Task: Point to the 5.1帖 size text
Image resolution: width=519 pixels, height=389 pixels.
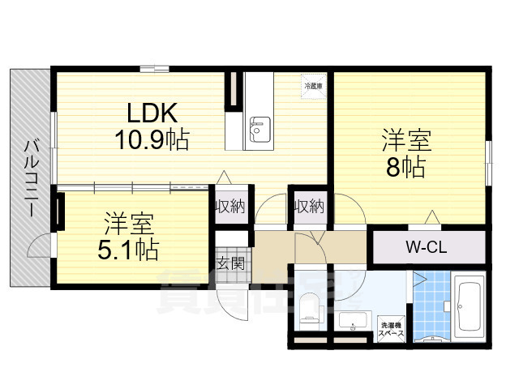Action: [128, 248]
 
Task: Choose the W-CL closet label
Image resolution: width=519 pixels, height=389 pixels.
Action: [427, 247]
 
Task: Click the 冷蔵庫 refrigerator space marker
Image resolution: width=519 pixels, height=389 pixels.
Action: [313, 85]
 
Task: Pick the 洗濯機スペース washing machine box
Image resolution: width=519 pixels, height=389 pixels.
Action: [393, 329]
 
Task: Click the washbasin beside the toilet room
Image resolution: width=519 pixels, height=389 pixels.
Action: [354, 325]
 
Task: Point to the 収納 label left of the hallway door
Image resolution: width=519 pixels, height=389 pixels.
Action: [229, 206]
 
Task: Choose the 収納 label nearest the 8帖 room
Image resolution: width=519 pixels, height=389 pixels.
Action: [309, 206]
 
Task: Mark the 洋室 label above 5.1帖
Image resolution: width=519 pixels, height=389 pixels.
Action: [128, 221]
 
